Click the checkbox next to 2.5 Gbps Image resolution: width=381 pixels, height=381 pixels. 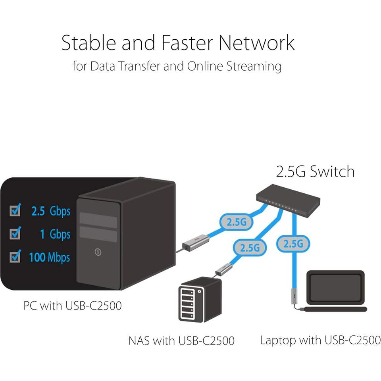[15, 210]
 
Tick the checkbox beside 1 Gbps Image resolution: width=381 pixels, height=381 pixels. [15, 234]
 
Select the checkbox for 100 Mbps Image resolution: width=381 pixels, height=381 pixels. [15, 257]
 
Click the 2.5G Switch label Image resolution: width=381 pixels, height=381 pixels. [315, 171]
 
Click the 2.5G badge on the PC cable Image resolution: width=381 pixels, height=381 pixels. [236, 222]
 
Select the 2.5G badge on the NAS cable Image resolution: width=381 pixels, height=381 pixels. [250, 247]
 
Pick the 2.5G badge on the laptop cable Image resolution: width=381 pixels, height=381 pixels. [293, 243]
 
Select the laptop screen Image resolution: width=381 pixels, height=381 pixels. [336, 286]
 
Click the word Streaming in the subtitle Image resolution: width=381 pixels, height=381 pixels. [254, 66]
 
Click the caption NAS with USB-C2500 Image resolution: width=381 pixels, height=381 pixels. [181, 340]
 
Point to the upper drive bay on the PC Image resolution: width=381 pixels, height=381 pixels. [98, 219]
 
